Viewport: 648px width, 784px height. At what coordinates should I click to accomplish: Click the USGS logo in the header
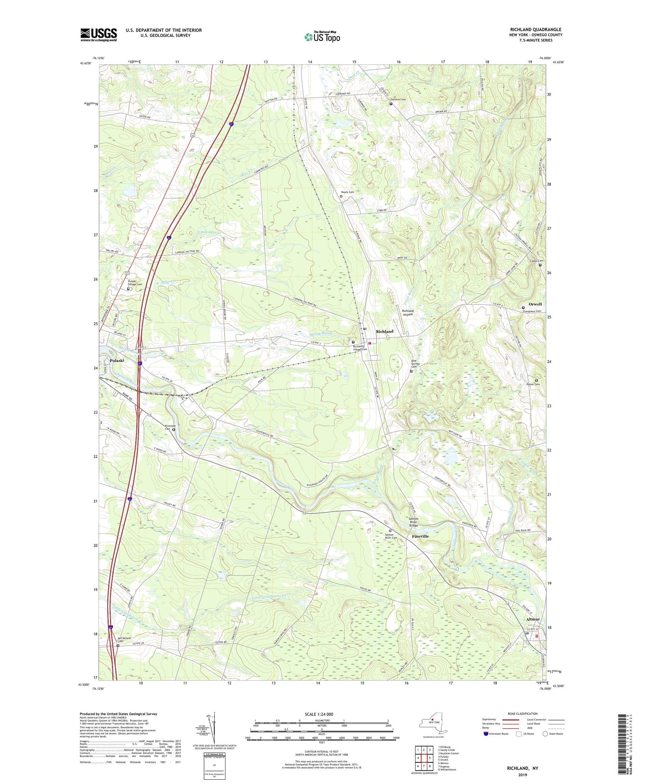click(98, 35)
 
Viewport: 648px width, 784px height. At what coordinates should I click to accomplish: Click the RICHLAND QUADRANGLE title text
click(536, 30)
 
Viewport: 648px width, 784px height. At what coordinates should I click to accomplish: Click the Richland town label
click(384, 331)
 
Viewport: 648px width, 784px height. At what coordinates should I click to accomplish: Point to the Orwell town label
click(535, 304)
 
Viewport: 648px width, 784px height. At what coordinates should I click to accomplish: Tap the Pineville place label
click(420, 536)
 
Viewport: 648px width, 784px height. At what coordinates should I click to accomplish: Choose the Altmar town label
click(533, 619)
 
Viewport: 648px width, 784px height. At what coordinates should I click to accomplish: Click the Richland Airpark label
click(407, 313)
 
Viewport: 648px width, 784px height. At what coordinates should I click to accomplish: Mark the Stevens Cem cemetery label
click(400, 99)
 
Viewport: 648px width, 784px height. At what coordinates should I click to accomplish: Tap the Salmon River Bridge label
click(413, 522)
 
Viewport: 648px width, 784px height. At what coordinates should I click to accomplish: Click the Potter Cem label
click(533, 384)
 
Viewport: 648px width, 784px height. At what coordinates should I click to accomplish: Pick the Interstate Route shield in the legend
click(486, 734)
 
